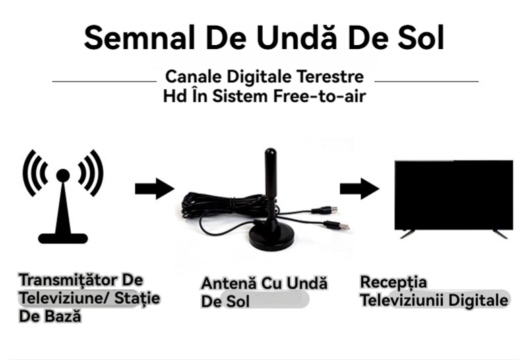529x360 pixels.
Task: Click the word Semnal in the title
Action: click(x=139, y=38)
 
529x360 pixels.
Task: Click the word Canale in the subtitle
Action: click(x=193, y=77)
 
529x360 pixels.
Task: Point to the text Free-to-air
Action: click(x=319, y=96)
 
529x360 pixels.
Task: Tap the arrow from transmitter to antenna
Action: click(x=155, y=189)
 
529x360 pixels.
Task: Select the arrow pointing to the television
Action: click(x=360, y=189)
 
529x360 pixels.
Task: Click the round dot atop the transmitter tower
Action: click(x=63, y=176)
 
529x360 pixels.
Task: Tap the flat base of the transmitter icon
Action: click(x=63, y=238)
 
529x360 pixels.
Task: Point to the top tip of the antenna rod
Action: click(x=270, y=149)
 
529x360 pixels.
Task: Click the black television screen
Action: click(x=454, y=195)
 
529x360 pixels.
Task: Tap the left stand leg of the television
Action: click(x=407, y=234)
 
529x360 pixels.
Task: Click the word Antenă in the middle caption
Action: click(x=228, y=283)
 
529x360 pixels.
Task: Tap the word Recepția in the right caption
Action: click(x=394, y=282)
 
